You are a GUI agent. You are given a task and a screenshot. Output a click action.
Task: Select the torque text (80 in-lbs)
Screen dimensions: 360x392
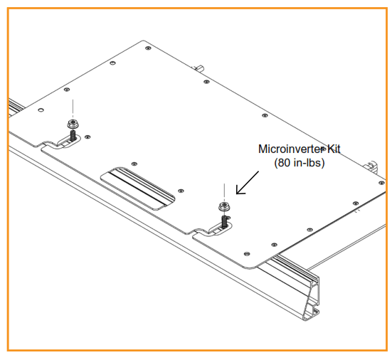click(300, 164)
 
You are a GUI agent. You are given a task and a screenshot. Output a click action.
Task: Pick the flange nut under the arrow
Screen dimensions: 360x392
click(224, 206)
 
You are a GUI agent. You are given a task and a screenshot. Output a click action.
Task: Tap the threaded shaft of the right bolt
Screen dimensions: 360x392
click(224, 218)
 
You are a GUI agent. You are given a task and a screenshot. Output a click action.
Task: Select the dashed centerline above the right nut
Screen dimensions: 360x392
click(224, 191)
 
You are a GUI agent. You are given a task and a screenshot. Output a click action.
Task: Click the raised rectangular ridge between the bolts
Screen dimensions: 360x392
click(139, 189)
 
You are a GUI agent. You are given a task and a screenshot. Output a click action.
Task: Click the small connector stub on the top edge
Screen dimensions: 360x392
click(198, 68)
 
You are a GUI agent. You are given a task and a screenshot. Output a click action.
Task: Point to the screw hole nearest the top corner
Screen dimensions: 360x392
click(147, 48)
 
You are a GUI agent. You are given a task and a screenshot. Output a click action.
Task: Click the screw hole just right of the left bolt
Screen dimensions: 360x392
click(88, 137)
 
